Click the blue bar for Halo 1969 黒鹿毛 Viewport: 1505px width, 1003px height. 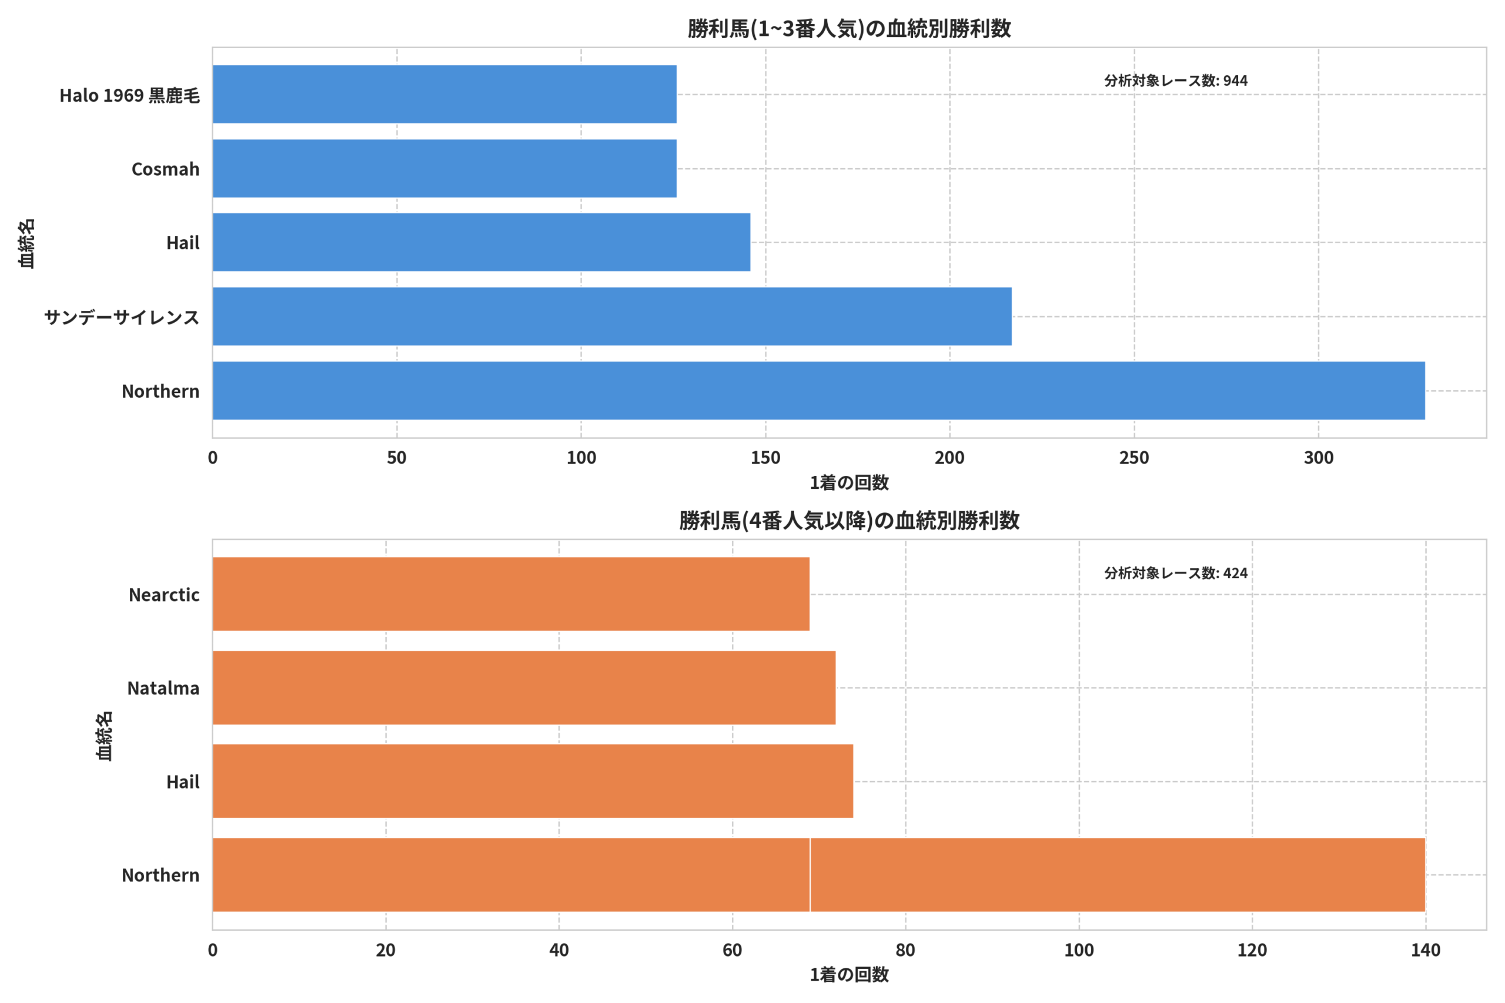tap(444, 94)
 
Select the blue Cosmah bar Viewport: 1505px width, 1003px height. tap(444, 168)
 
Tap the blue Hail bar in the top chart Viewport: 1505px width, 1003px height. tap(482, 243)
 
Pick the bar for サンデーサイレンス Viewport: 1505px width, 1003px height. tap(613, 317)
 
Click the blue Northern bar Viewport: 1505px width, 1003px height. tap(819, 391)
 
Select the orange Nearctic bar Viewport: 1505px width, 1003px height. tap(511, 594)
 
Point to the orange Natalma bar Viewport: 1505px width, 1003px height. tap(524, 687)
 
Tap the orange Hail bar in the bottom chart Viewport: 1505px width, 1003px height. tap(533, 781)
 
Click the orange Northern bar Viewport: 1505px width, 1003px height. tap(819, 874)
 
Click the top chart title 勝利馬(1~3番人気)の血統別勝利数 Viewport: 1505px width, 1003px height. tap(849, 29)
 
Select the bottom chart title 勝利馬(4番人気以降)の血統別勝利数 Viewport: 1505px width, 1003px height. tap(849, 521)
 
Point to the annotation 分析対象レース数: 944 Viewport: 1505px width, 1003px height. tap(1175, 80)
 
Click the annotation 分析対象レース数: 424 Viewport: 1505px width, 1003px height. tap(1175, 573)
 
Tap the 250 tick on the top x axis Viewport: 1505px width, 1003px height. tap(1134, 458)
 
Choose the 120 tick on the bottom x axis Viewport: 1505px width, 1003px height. tap(1252, 950)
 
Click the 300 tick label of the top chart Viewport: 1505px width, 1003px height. tap(1319, 458)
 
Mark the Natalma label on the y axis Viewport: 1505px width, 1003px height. tap(163, 688)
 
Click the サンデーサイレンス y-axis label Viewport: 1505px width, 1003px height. tap(122, 317)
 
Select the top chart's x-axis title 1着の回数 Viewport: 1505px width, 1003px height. tap(849, 483)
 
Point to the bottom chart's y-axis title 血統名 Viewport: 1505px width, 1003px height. tap(103, 736)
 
